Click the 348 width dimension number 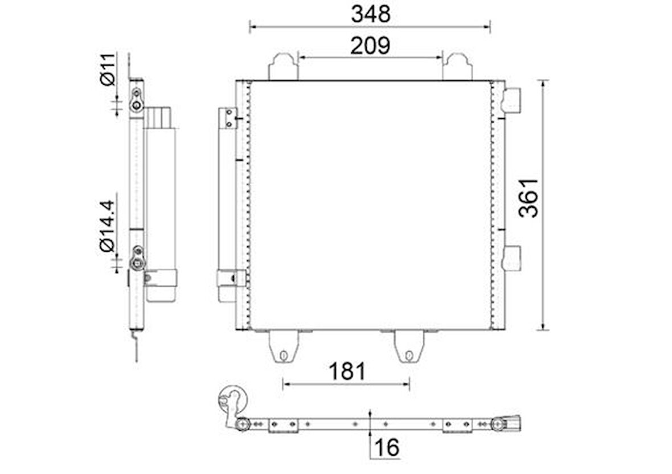[x=371, y=14]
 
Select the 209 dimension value [x=370, y=46]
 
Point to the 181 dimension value [x=347, y=371]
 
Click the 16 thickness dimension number [x=387, y=447]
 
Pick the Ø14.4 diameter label [x=107, y=226]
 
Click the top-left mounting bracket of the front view [x=283, y=67]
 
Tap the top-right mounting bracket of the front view [x=457, y=67]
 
